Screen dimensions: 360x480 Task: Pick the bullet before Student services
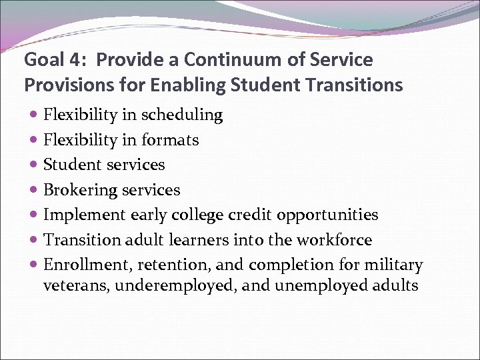click(34, 165)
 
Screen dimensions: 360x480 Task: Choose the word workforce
click(337, 239)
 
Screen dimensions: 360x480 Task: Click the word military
click(393, 265)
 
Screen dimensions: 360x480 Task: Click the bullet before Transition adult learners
click(34, 240)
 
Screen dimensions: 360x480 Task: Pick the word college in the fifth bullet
click(195, 215)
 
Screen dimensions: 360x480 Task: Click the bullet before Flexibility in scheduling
click(34, 115)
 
